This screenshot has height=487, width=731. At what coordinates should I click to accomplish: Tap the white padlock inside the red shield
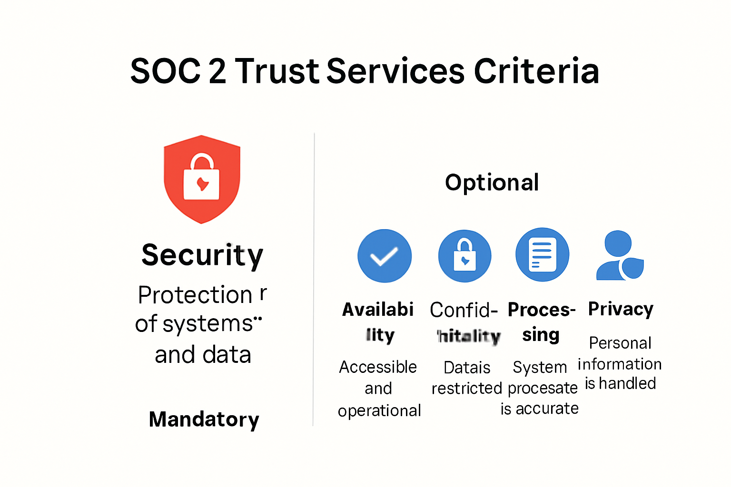point(202,180)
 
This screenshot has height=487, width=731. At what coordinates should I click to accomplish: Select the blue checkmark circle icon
point(385,256)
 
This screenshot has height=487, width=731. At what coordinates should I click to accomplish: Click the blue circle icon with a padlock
point(464,256)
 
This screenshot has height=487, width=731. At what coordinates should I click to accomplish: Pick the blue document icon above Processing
point(543,255)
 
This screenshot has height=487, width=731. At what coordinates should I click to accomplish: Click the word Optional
point(492,183)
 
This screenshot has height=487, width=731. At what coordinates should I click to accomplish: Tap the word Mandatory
point(204,419)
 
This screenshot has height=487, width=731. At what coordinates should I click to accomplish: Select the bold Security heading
point(202,255)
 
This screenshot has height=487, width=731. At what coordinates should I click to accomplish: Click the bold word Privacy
point(621,309)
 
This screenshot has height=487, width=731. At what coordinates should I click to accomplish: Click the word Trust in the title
point(277,71)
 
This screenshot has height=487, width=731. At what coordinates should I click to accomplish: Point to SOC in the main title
point(165,71)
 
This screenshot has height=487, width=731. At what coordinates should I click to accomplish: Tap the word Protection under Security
point(195,295)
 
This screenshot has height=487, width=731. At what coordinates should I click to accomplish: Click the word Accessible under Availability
point(378,367)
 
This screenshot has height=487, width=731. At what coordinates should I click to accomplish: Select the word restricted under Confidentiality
point(466,389)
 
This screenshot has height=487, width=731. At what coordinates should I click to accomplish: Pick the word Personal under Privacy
point(620,343)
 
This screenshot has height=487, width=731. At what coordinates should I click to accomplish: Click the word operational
point(379,410)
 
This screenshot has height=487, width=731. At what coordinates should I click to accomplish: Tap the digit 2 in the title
point(217,71)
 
